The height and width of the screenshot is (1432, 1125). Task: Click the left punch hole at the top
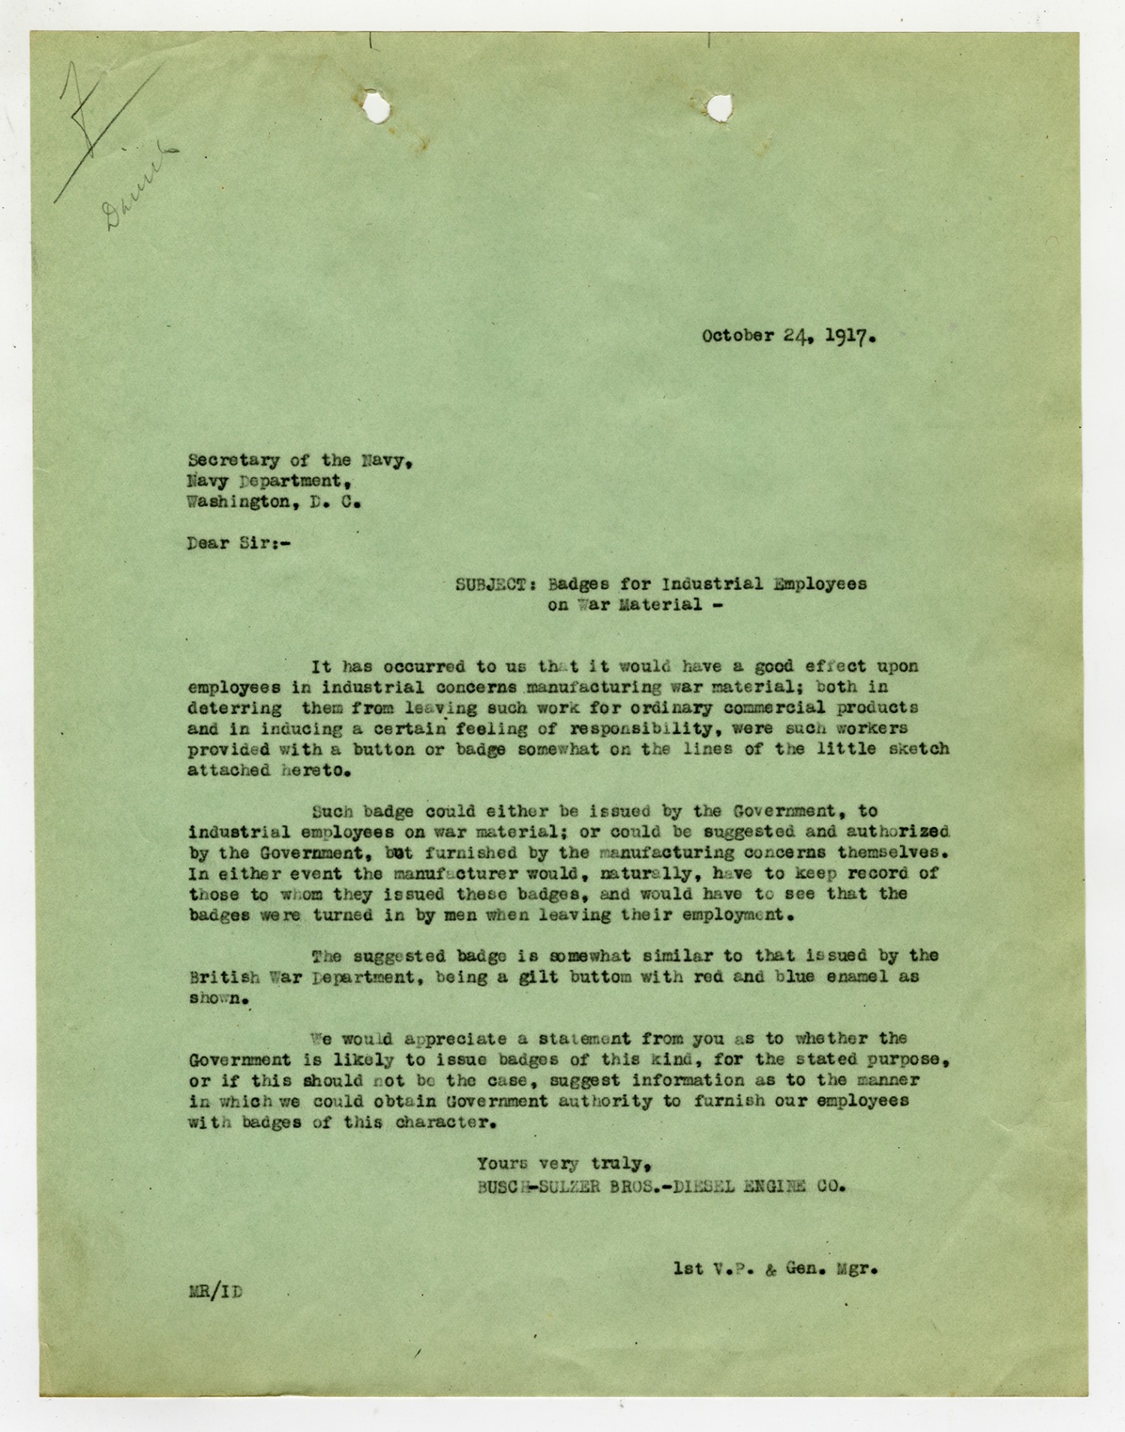pos(376,107)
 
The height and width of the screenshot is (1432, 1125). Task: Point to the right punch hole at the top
pos(718,107)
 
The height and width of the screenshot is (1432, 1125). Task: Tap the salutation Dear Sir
pos(238,544)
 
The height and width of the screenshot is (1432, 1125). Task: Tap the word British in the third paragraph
pos(224,977)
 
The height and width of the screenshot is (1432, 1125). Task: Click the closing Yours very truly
pos(562,1164)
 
